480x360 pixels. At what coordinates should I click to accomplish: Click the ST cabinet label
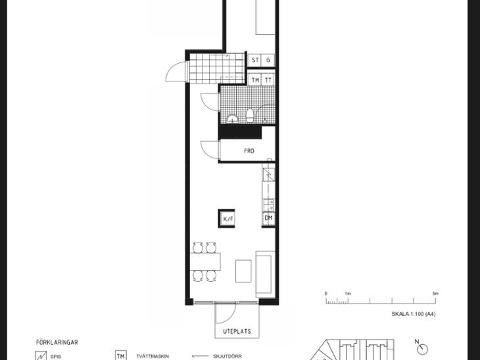255,60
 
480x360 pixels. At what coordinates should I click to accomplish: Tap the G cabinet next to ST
268,60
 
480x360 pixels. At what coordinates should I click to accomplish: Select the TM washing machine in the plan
254,80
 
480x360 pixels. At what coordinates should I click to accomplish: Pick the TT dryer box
268,80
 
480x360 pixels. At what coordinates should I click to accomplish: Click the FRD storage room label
249,151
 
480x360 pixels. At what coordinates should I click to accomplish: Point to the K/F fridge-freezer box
227,219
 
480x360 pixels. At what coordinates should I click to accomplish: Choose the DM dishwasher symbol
268,218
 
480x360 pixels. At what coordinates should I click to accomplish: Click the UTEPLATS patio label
237,331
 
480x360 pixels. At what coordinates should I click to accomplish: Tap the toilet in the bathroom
250,116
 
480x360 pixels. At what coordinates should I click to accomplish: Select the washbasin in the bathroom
233,118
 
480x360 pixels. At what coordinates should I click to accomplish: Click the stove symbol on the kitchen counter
268,174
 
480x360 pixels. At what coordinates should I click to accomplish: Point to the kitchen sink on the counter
269,204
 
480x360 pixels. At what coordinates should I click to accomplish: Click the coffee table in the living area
243,271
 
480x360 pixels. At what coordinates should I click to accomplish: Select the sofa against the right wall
266,274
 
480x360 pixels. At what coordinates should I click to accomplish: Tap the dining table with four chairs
205,261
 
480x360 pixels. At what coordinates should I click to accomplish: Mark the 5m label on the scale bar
435,294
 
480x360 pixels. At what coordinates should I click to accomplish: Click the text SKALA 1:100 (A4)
414,314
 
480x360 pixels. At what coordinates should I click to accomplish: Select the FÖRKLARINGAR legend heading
57,342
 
